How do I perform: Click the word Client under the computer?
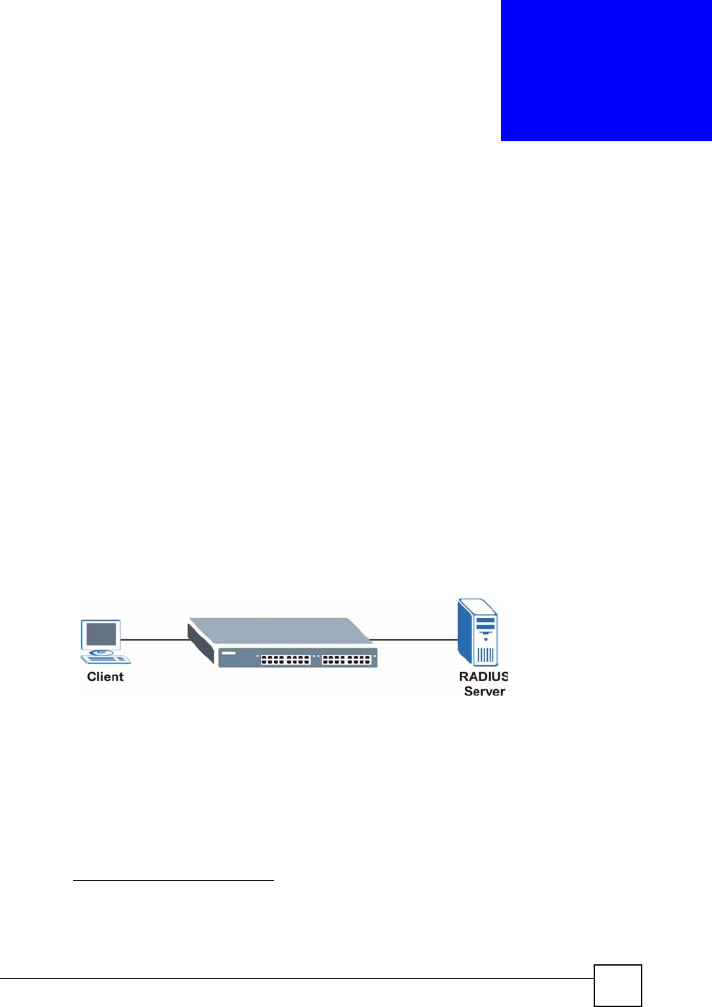[x=105, y=677]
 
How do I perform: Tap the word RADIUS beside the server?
[x=483, y=677]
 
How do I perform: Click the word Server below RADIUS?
[x=485, y=691]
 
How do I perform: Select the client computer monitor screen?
[x=101, y=635]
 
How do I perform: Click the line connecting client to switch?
[x=155, y=639]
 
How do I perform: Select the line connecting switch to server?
[x=414, y=639]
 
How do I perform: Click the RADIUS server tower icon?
[x=478, y=632]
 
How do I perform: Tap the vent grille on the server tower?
[x=485, y=655]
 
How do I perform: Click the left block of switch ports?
[x=285, y=659]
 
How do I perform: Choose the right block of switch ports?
[x=346, y=659]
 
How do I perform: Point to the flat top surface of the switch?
[x=279, y=630]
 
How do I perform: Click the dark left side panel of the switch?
[x=201, y=644]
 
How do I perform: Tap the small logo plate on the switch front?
[x=229, y=653]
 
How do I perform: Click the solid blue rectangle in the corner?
[x=606, y=70]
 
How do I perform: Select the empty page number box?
[x=617, y=985]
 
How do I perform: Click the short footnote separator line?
[x=173, y=880]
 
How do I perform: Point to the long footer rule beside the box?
[x=296, y=979]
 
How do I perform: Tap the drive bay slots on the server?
[x=485, y=623]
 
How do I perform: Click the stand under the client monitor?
[x=101, y=652]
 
